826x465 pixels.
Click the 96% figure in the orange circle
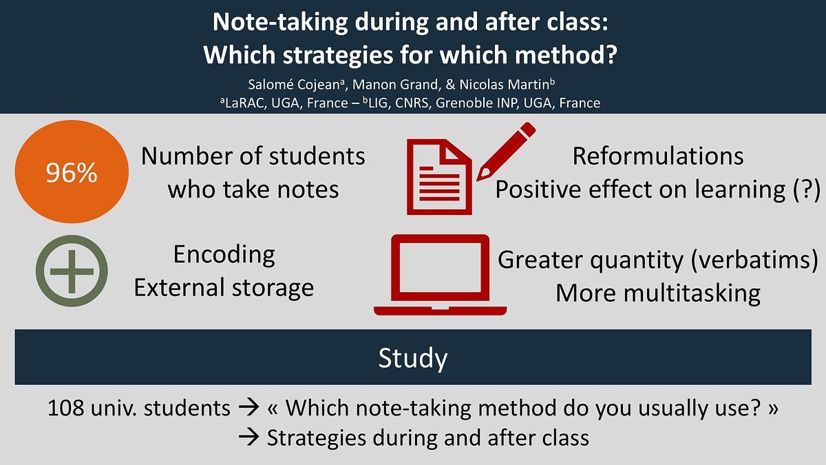[x=72, y=172]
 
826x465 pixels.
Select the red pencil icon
[x=505, y=152]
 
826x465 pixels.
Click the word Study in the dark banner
[x=412, y=358]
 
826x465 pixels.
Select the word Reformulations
[x=658, y=156]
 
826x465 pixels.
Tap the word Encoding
[x=224, y=256]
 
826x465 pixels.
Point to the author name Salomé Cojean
[x=296, y=85]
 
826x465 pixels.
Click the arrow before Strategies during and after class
[x=248, y=438]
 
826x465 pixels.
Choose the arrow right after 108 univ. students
[x=248, y=408]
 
